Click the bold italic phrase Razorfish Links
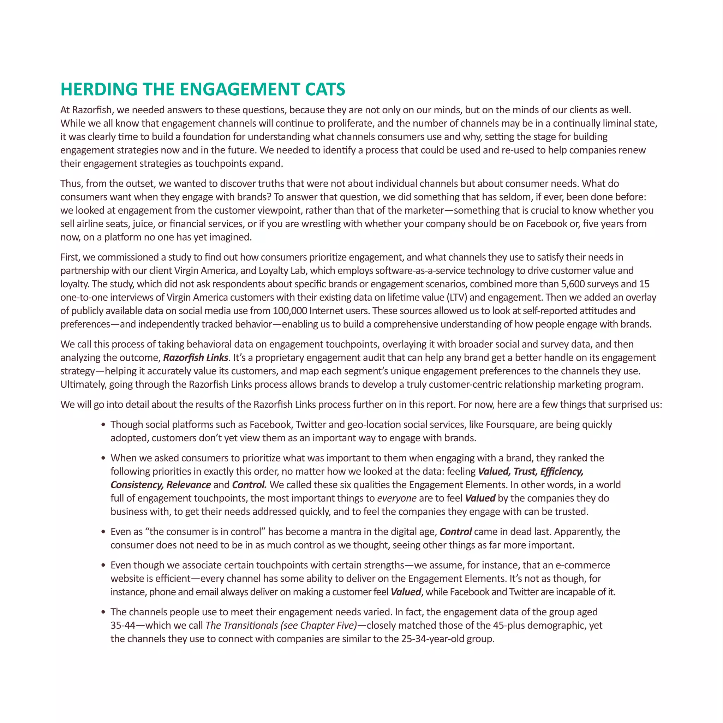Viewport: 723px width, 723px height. [195, 358]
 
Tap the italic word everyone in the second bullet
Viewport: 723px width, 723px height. [397, 498]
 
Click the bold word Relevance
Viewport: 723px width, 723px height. [189, 485]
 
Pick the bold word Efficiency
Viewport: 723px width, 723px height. [562, 472]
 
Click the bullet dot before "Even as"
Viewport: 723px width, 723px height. [103, 532]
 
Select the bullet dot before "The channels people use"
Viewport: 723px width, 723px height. [103, 612]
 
